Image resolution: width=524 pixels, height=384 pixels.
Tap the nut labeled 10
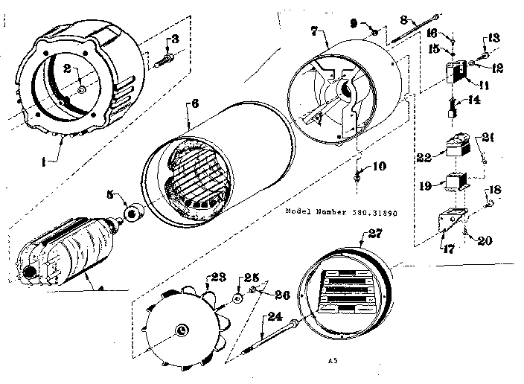tap(358, 177)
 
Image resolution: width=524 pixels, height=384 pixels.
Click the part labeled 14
tap(452, 111)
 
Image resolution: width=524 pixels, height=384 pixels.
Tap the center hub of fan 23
tap(182, 330)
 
